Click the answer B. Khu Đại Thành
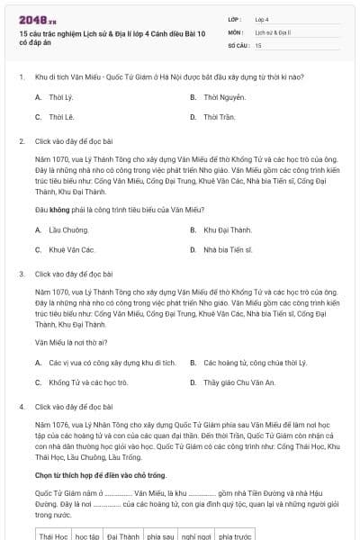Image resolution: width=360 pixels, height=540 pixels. pos(227,229)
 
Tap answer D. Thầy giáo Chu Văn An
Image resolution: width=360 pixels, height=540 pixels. pos(238,382)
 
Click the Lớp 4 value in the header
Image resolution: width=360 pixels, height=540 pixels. pos(261,19)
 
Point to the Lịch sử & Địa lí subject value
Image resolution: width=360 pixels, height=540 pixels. pos(274,31)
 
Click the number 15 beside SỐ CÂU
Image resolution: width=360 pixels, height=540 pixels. pos(258,44)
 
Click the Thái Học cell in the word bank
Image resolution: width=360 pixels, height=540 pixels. pos(54,536)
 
